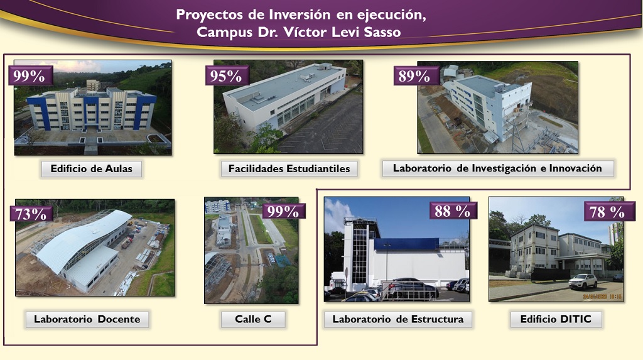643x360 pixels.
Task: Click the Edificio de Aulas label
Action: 92,169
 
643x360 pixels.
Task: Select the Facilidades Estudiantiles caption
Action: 289,169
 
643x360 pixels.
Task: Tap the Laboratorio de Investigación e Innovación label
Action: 498,168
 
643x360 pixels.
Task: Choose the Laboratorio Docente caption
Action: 87,319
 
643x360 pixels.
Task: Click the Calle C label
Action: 253,319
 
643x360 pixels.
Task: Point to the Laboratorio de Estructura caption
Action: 397,319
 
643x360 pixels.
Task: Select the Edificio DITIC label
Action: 556,319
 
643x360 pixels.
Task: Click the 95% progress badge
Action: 226,76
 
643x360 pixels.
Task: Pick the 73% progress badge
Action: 31,214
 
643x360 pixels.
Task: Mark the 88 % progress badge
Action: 453,211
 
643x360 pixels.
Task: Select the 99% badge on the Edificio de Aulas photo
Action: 30,76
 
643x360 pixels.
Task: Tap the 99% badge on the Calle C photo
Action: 283,211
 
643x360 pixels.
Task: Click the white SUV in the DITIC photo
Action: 583,281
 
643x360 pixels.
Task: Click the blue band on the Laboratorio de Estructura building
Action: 406,244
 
